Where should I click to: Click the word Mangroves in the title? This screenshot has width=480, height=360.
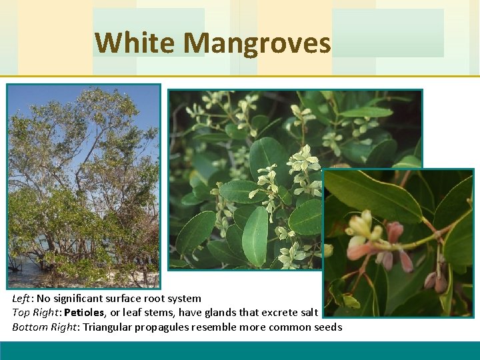point(257,43)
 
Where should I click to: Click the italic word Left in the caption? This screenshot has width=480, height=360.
point(22,298)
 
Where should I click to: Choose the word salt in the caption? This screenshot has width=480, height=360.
point(308,313)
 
